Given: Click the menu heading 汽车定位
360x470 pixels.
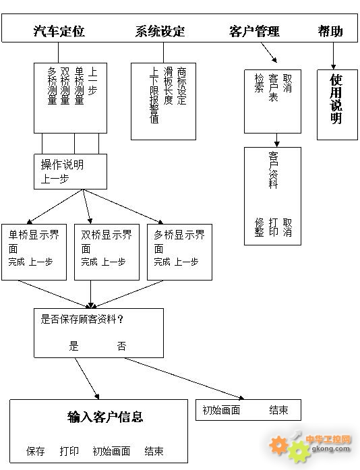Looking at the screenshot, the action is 59,31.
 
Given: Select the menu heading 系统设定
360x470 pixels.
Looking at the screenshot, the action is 160,31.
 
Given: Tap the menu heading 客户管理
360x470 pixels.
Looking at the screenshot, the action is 254,31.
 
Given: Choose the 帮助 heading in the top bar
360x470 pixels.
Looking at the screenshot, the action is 330,31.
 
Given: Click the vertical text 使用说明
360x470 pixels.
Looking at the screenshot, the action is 336,98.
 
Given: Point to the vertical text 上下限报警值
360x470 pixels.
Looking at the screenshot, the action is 154,95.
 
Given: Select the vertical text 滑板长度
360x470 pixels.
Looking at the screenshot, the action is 168,86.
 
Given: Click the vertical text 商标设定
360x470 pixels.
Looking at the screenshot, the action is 181,86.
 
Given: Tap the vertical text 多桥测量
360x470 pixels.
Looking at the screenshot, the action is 52,86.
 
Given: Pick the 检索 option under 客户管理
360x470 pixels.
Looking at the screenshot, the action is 259,83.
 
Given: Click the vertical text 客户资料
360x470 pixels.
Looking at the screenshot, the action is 273,170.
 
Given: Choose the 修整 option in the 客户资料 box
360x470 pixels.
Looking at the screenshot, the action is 259,227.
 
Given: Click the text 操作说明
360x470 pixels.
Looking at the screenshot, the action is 62,165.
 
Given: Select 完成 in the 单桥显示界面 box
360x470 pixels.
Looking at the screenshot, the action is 16,262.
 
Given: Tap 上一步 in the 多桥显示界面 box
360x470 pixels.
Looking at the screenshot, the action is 186,262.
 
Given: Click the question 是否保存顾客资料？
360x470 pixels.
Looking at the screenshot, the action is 82,319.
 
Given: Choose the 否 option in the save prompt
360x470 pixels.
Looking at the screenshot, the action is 121,346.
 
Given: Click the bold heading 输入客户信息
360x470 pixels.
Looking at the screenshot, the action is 105,417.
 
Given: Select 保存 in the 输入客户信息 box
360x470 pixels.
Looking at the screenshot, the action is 35,451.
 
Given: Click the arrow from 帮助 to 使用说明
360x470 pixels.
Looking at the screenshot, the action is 333,56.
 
